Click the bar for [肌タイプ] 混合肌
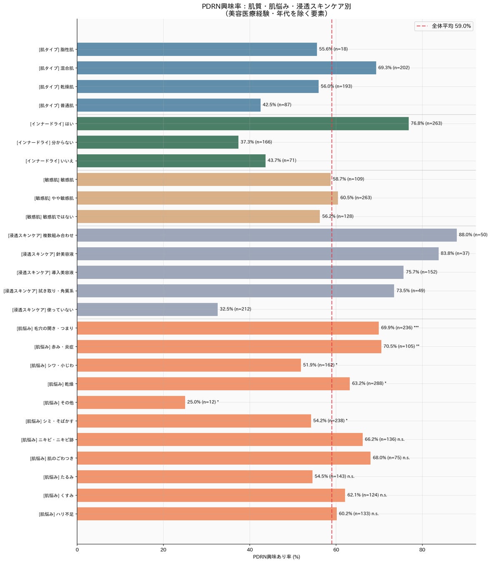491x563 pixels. coord(226,68)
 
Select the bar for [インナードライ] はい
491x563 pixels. coord(243,123)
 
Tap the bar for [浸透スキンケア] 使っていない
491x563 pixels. coord(147,309)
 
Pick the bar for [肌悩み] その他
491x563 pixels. coord(131,402)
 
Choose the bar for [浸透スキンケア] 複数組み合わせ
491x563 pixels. coord(267,235)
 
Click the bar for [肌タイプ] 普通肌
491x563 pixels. coord(169,105)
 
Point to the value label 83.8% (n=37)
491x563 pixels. coord(455,254)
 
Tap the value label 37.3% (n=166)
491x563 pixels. coord(256,142)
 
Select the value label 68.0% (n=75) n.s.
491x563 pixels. coord(391,458)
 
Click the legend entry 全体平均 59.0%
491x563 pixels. coord(443,26)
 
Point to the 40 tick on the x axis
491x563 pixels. coord(250,550)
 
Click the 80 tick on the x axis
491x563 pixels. coord(422,550)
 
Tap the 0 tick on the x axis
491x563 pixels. coord(77,550)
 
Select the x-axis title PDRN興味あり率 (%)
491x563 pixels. coord(276,557)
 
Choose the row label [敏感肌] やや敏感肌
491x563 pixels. coord(54,198)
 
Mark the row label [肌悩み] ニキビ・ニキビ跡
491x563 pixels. coord(47,440)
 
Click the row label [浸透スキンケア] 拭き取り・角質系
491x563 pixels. coord(38,291)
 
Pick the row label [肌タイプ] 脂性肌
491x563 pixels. coord(56,50)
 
